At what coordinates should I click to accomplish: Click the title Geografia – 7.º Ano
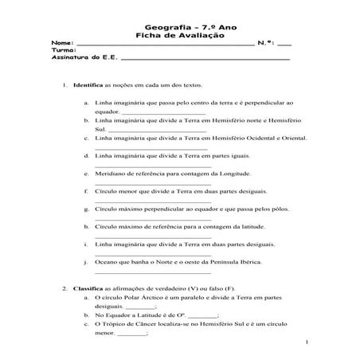[x=179, y=27]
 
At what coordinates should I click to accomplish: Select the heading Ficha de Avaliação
[x=179, y=35]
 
